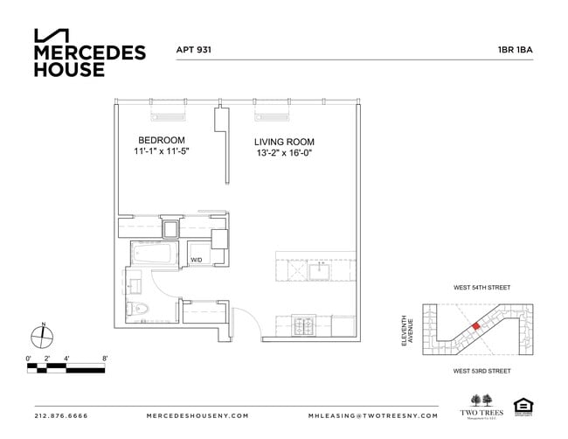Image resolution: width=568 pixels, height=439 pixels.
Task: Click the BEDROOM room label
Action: (162, 140)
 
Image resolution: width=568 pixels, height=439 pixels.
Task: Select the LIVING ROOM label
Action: (284, 142)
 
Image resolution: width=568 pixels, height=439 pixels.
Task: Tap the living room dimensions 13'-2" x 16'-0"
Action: (283, 154)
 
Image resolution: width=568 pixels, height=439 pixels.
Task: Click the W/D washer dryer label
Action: (197, 260)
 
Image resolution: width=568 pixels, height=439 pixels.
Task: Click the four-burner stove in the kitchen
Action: (302, 326)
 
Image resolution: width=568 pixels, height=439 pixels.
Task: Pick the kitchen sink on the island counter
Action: (316, 269)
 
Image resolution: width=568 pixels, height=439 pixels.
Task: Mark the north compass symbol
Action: (43, 334)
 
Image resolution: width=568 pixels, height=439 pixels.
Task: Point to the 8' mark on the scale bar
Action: (104, 359)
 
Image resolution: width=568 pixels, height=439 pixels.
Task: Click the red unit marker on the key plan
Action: (475, 325)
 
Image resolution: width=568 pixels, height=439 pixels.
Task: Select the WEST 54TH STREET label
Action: (481, 288)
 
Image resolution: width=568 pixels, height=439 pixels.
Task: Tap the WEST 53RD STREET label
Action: (481, 371)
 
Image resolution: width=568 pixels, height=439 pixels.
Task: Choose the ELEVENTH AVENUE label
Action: (406, 331)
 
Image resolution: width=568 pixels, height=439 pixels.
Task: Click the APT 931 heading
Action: (194, 51)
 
